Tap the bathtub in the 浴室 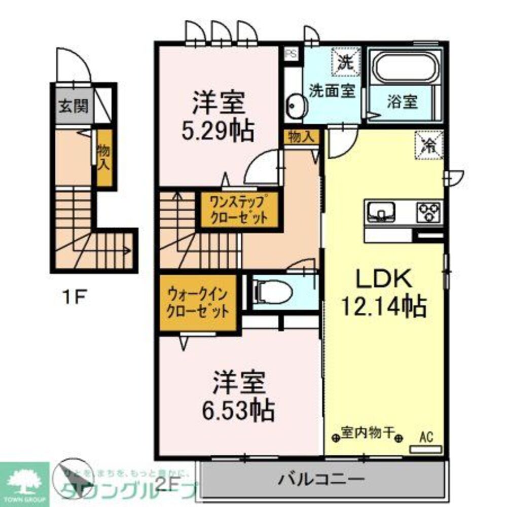(x=404, y=68)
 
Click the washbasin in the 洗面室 (x=294, y=105)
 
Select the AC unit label (x=426, y=437)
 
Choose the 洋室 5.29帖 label (x=219, y=117)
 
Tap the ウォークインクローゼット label (x=198, y=303)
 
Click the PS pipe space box (x=291, y=53)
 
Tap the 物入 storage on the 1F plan (x=104, y=157)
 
